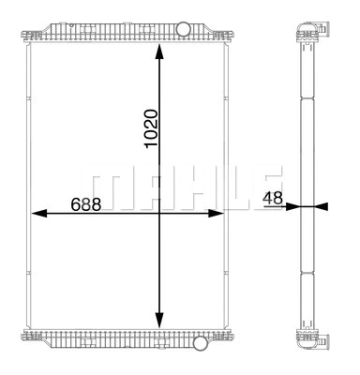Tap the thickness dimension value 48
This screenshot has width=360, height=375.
(273, 199)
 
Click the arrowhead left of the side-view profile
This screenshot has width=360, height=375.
(292, 206)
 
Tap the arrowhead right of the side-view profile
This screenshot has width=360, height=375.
(322, 206)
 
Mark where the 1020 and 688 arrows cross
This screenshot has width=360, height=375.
(159, 214)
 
